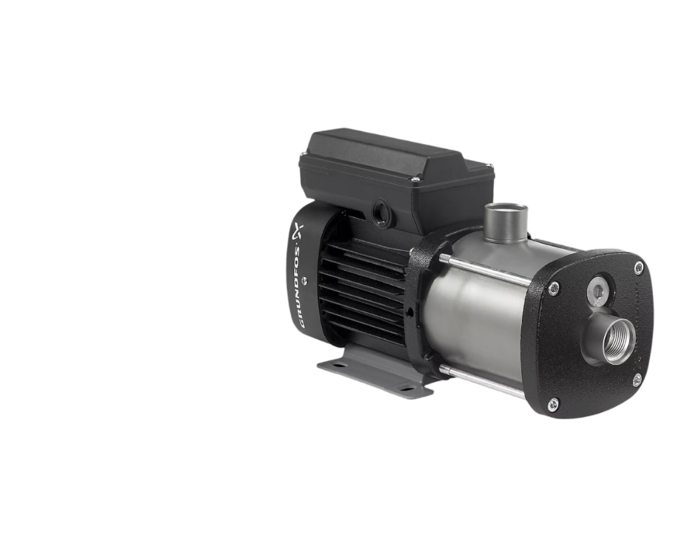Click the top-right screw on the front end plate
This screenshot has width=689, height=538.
pos(638,266)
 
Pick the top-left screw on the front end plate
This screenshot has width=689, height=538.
pos(555,287)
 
